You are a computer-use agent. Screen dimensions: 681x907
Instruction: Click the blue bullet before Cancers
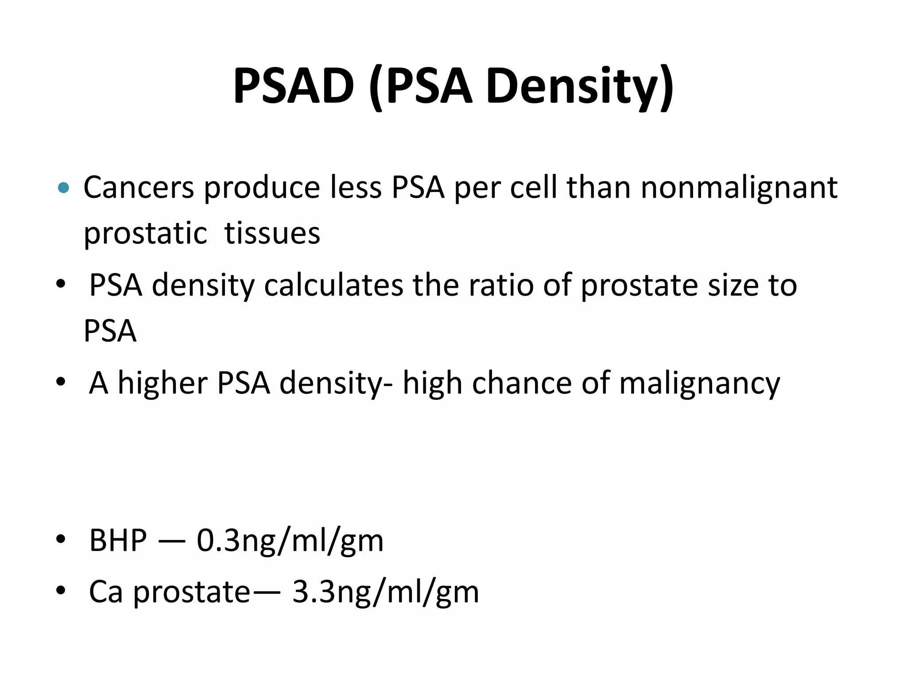click(64, 188)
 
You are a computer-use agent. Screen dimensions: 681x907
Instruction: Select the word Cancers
click(139, 188)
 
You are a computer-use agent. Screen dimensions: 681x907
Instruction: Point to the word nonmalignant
click(739, 188)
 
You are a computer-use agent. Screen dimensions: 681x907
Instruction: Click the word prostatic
click(145, 234)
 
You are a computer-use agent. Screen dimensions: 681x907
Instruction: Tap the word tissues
click(272, 234)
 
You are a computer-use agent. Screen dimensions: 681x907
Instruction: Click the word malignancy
click(699, 384)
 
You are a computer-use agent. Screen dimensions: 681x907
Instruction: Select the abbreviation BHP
click(118, 540)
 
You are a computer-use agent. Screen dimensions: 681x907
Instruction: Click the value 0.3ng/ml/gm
click(290, 541)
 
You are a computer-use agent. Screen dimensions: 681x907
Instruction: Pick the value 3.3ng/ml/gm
click(386, 592)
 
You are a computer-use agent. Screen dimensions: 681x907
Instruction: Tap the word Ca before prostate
click(105, 592)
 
